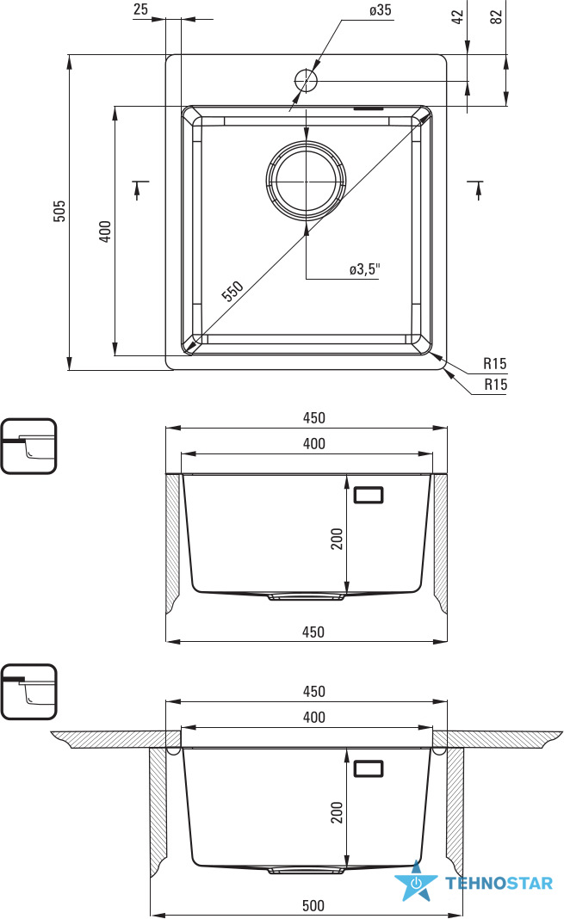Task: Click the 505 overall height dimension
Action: [59, 211]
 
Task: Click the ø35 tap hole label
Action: [381, 10]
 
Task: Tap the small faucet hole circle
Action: [306, 80]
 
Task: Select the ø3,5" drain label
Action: [365, 269]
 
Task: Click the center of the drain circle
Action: [306, 180]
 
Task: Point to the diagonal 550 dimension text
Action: [232, 291]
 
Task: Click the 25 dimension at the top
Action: [140, 9]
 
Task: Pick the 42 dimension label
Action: [458, 15]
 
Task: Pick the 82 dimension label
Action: [496, 16]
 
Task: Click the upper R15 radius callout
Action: [495, 363]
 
